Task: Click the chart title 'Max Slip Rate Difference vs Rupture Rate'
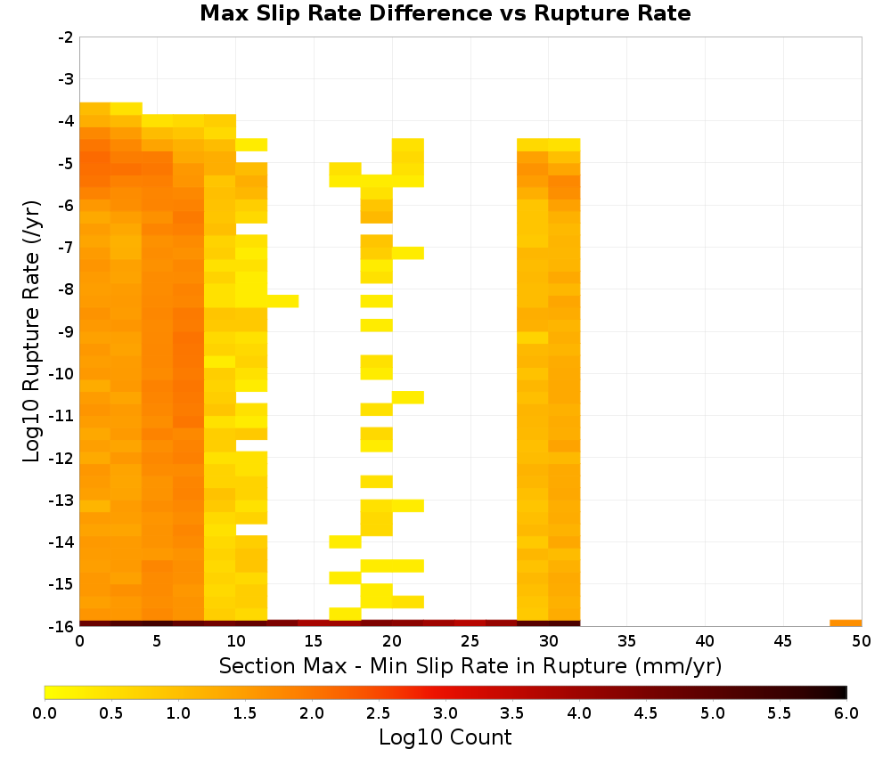(445, 13)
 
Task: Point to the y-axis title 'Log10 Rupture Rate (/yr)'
(31, 331)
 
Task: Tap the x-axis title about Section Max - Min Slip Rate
(470, 665)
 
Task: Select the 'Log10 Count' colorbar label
(445, 737)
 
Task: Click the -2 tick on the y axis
(66, 37)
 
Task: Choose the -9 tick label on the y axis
(66, 331)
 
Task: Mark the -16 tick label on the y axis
(62, 626)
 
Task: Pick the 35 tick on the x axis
(626, 641)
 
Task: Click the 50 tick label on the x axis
(862, 641)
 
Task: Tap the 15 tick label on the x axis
(314, 641)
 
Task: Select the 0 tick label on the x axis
(79, 641)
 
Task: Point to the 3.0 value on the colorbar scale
(445, 712)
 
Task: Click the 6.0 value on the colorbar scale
(846, 712)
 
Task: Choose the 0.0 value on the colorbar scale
(45, 712)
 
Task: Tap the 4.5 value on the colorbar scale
(646, 712)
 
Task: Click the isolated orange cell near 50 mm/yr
(846, 623)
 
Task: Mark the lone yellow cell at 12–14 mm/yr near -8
(282, 301)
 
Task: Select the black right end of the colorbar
(844, 692)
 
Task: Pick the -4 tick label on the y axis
(66, 121)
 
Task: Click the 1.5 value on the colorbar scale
(245, 712)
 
